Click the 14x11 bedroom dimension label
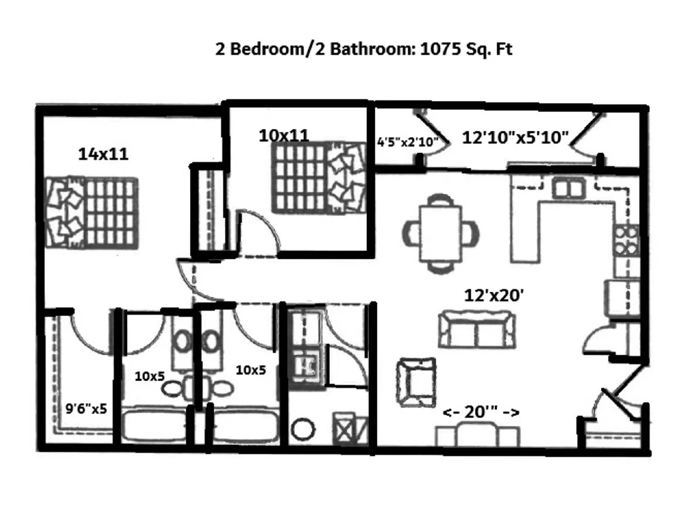103,154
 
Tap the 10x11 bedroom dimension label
284,136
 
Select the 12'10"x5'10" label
515,138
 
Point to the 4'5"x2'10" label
407,142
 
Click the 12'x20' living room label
494,296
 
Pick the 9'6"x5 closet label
86,409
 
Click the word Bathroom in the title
370,49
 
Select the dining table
440,234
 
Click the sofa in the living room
477,329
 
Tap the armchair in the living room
416,382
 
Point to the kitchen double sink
568,189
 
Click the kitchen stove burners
626,240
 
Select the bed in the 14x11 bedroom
92,213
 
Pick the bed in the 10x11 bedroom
318,178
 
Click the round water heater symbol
302,429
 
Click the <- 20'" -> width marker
481,412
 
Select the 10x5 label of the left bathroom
149,376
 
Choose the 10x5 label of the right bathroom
251,370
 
